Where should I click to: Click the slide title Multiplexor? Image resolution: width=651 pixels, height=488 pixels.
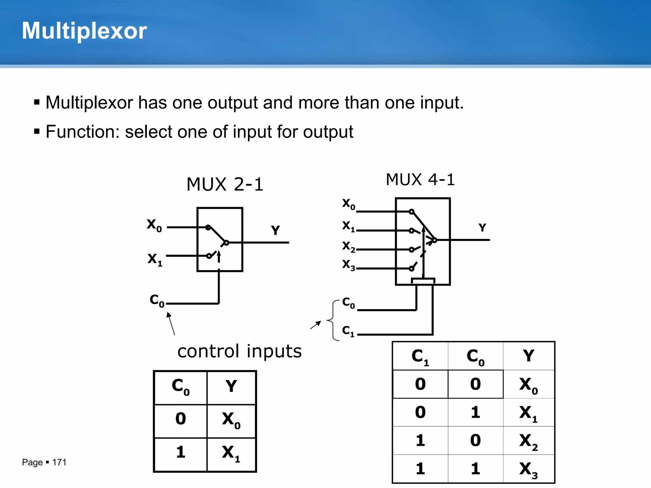[x=84, y=31]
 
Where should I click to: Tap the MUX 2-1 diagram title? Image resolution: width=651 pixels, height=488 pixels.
[x=225, y=184]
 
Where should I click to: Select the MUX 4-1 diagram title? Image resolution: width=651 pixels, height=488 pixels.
[x=420, y=180]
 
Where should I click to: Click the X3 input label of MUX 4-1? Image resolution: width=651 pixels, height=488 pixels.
[x=348, y=265]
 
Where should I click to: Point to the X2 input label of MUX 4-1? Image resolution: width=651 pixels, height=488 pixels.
[x=348, y=246]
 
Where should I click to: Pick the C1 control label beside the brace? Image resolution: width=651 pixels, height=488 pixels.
[x=348, y=331]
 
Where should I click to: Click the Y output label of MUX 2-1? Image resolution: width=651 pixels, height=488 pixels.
[x=275, y=230]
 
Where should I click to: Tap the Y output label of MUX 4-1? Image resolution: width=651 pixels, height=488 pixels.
[x=482, y=227]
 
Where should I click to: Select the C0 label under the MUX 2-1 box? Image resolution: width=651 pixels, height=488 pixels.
[x=157, y=300]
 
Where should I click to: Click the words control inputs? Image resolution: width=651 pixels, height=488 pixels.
[x=239, y=351]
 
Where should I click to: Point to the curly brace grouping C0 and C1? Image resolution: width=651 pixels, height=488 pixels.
[x=333, y=320]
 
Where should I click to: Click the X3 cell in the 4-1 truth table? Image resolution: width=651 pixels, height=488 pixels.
[x=528, y=469]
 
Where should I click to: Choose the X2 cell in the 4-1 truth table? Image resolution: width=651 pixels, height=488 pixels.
[x=528, y=441]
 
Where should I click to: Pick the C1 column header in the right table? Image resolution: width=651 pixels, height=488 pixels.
[x=420, y=356]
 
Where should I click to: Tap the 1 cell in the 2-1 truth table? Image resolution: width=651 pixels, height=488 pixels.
[x=181, y=452]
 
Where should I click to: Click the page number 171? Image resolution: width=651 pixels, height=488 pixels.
[x=59, y=462]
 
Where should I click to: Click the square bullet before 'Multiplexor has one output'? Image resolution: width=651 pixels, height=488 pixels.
[x=37, y=103]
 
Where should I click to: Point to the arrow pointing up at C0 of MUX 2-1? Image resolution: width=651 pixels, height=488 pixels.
[x=171, y=323]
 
